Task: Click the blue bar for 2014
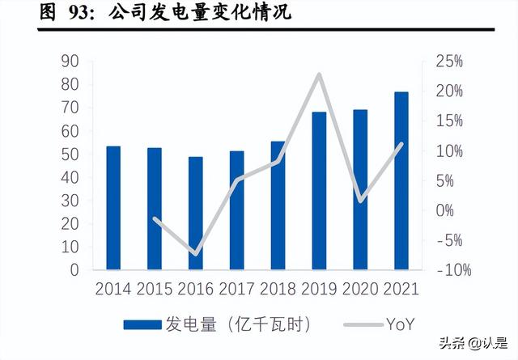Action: (113, 207)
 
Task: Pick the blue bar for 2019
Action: (319, 190)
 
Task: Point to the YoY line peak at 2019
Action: (319, 74)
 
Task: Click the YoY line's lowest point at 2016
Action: (196, 254)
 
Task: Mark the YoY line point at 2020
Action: (360, 200)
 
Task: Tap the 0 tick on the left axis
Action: (73, 270)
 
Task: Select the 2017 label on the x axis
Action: (237, 290)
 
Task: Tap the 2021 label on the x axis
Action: (401, 290)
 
